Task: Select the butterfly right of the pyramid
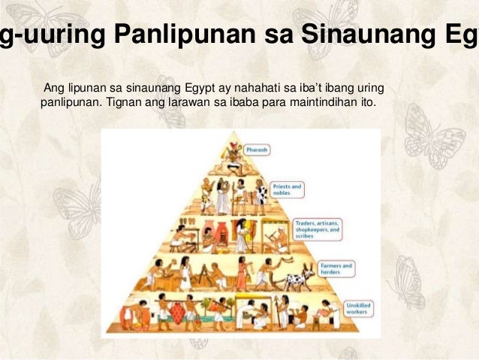tap(435, 135)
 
